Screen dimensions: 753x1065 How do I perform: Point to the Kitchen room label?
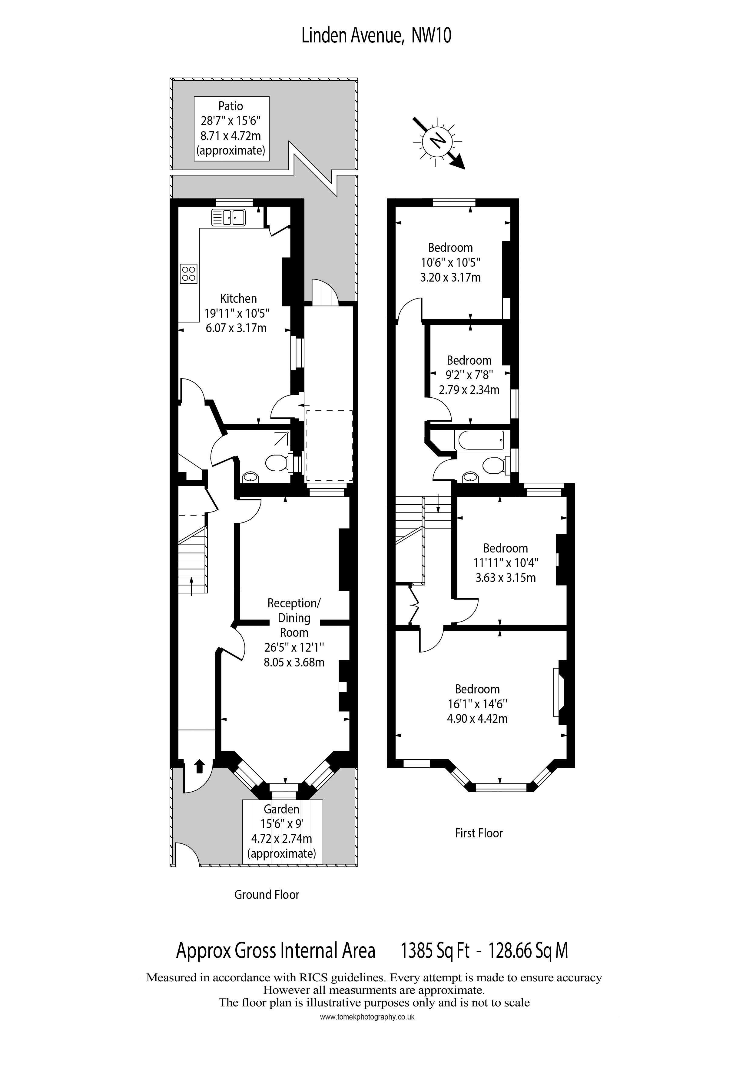pos(238,298)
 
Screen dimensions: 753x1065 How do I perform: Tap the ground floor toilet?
pos(277,462)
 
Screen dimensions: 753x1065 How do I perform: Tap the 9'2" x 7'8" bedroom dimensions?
pos(469,375)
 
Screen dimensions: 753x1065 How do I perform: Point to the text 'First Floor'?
pos(479,833)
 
